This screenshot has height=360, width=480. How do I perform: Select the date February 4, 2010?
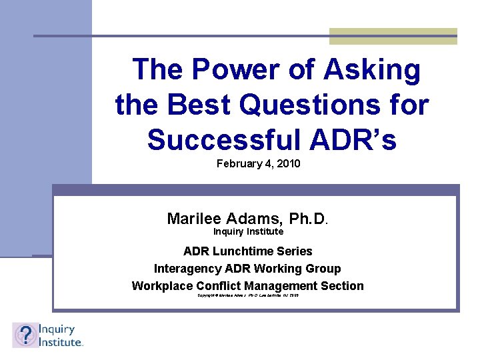coord(258,163)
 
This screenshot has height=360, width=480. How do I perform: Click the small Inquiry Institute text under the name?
coord(248,231)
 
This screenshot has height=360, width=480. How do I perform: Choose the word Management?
coord(283,286)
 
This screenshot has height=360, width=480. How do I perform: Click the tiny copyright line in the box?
coord(247,295)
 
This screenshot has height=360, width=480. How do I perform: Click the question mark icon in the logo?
coord(25,335)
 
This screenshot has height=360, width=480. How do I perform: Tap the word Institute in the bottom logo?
coord(61,341)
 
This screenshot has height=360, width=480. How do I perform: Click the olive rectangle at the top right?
coord(393,36)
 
